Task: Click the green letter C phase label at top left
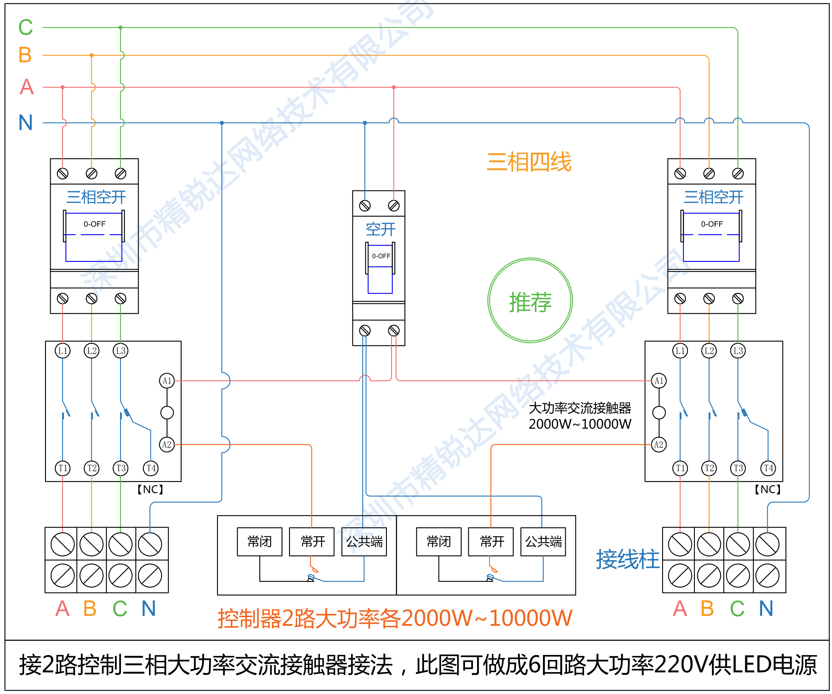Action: (26, 27)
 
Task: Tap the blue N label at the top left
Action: (26, 123)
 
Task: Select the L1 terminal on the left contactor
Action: (63, 351)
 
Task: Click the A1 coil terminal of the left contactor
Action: (167, 381)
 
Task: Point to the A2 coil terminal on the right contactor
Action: (659, 445)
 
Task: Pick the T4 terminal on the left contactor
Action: (151, 468)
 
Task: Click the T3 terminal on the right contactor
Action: (738, 468)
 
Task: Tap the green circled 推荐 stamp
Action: (530, 300)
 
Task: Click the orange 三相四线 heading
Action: (529, 162)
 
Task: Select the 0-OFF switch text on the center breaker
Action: (381, 256)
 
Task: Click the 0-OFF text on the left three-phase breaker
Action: (94, 224)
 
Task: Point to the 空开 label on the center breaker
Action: (380, 229)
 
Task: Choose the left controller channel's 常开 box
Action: (312, 541)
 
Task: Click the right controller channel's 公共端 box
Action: (543, 541)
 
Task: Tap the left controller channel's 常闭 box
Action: (260, 541)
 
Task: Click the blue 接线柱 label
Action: (628, 559)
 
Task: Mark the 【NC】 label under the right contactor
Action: (767, 489)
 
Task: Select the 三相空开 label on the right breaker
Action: (713, 197)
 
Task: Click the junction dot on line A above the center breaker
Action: (393, 87)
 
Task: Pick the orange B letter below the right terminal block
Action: (707, 608)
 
